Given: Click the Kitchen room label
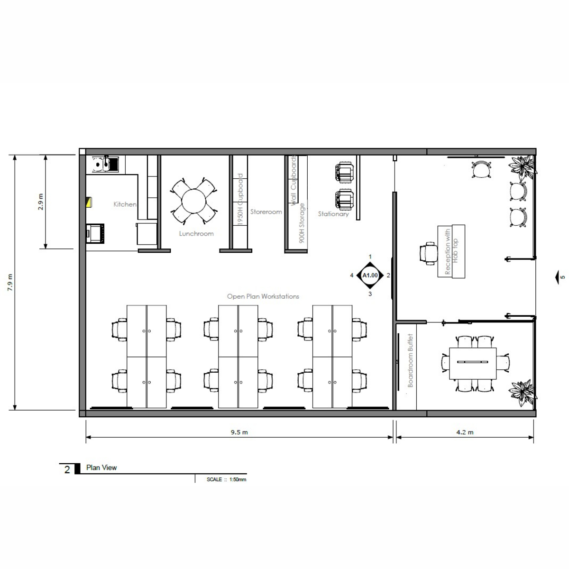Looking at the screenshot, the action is pos(125,204).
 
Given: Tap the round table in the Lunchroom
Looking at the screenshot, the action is pos(194,201).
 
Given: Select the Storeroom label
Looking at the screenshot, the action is pos(266,211).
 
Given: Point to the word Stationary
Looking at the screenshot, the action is pos(333,214).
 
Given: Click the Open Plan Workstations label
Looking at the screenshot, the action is pos(263,296).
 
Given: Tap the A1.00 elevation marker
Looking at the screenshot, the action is pos(370,275).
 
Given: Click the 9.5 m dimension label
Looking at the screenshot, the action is pos(239,432).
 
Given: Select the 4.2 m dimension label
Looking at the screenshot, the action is pos(465,432).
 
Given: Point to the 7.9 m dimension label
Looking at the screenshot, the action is pos(10,283).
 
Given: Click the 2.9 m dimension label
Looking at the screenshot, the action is pos(41,202).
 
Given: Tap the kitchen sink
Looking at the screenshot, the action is pos(105,164).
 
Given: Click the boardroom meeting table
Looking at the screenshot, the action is pos(473,364).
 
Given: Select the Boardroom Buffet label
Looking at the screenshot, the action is pos(410,360).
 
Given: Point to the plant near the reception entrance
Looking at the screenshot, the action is pos(523,168).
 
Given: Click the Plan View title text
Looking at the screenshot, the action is pos(101,468).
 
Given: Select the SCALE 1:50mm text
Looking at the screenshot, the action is pos(227,479).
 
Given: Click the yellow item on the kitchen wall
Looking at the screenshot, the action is pos(89,202).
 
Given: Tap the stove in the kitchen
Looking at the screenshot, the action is pos(95,234).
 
